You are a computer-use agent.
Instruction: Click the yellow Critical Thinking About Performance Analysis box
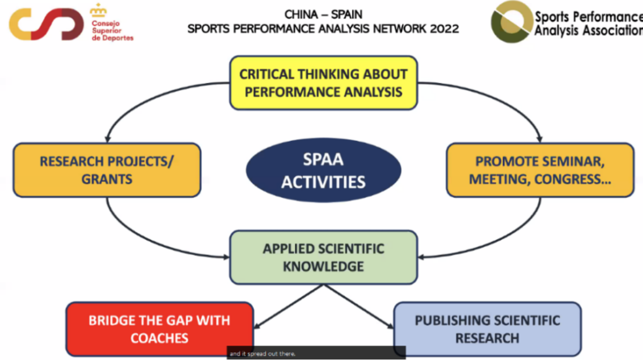click(323, 83)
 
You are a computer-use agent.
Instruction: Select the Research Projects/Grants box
click(107, 170)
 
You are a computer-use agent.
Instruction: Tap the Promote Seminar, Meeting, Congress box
click(540, 170)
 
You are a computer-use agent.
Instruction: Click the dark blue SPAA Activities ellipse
click(323, 170)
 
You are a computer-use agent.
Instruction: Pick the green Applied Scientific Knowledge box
click(323, 257)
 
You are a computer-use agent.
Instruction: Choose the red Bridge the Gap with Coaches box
click(159, 329)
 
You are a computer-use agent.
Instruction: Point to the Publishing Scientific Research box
click(487, 329)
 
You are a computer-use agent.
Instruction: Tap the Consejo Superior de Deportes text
click(112, 31)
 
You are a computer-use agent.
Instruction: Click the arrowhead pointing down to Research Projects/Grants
click(107, 138)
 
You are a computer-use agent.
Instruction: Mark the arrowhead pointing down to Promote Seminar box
click(540, 138)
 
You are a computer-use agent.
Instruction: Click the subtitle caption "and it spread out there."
click(262, 354)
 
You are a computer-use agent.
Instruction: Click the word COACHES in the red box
click(159, 338)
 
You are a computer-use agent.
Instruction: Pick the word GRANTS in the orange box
click(107, 178)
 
